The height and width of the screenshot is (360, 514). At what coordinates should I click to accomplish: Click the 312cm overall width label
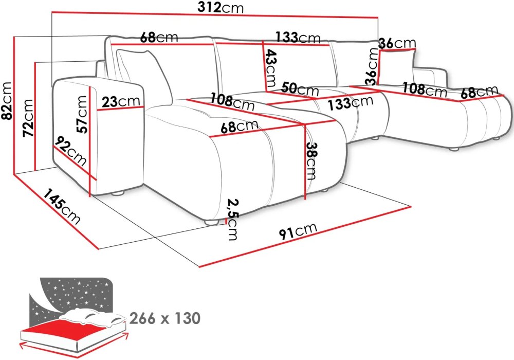pos(221,8)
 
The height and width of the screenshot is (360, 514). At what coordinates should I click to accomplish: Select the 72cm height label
pos(28,118)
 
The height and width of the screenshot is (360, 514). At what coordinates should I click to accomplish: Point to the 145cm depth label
pos(62,206)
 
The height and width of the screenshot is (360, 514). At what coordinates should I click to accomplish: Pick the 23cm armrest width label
pos(121,102)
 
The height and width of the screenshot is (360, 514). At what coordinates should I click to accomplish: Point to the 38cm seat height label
pos(311,161)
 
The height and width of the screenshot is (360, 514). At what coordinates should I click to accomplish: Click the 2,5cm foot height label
pos(233,220)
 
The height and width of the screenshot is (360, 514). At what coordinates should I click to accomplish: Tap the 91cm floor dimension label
pos(298,231)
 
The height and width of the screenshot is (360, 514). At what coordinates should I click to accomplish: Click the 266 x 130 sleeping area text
pos(165,318)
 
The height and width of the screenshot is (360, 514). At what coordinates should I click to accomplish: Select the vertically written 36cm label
pos(372,67)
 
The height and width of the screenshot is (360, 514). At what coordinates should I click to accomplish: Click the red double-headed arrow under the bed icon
pos(74,346)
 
